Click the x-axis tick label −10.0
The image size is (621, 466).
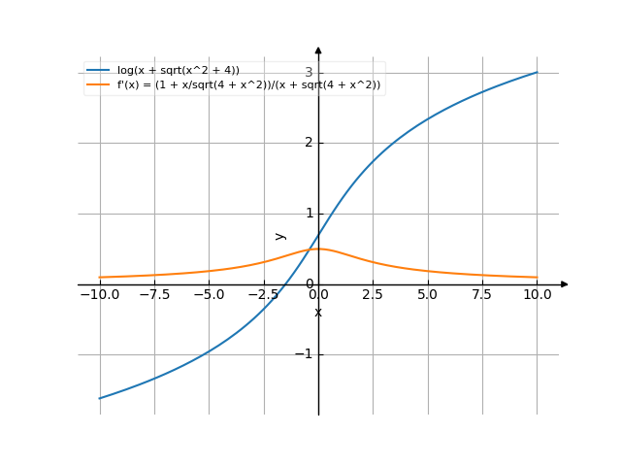pyautogui.click(x=99, y=294)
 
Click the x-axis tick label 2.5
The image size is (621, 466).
pyautogui.click(x=373, y=294)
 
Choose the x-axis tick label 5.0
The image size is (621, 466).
pyautogui.click(x=427, y=294)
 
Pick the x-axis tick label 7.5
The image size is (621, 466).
pyautogui.click(x=482, y=294)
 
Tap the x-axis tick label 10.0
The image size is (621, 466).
pyautogui.click(x=537, y=294)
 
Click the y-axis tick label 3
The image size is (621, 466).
pyautogui.click(x=308, y=73)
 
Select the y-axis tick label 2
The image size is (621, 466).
pyautogui.click(x=308, y=143)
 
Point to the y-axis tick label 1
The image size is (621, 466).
pyautogui.click(x=308, y=214)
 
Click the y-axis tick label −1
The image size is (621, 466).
pyautogui.click(x=304, y=354)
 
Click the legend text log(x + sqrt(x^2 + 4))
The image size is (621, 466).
pyautogui.click(x=179, y=70)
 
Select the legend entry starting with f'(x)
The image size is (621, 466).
pyautogui.click(x=249, y=85)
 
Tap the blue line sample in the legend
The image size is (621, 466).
pyautogui.click(x=98, y=70)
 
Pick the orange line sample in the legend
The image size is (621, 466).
pyautogui.click(x=98, y=85)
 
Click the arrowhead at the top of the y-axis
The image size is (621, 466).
pyautogui.click(x=318, y=50)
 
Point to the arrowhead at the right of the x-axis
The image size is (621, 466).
pyautogui.click(x=564, y=284)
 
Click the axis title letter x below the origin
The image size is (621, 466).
pyautogui.click(x=318, y=312)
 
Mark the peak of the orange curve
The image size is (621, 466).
pyautogui.click(x=318, y=250)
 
